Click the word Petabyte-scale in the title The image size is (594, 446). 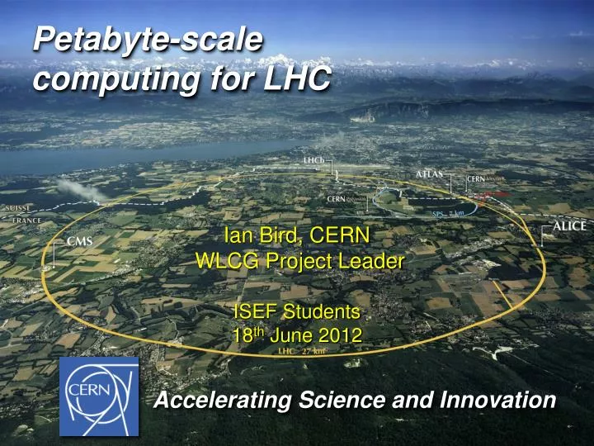pos(148,39)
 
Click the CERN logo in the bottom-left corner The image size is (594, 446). pos(98,396)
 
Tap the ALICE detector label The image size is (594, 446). pos(568,225)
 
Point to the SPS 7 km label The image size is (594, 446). pos(449,213)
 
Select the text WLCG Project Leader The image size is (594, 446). pos(299,261)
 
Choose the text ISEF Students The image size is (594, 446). pos(297,311)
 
